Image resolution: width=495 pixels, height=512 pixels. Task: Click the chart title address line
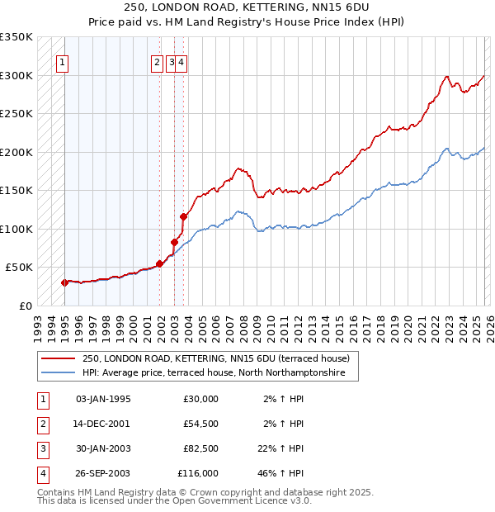pos(247,8)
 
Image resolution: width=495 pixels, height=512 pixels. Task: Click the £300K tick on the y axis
pos(16,75)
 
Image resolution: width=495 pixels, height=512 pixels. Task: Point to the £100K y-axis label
pos(16,229)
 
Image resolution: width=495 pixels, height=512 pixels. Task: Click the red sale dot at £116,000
pos(183,216)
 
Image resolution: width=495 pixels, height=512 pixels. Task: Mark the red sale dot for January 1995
pos(64,282)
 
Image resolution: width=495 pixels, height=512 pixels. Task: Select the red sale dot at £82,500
pos(174,242)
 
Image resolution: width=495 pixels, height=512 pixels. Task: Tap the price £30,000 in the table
pos(198,399)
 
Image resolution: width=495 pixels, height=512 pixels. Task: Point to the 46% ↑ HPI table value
pos(280,473)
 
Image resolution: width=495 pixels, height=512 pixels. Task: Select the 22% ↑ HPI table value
pos(280,448)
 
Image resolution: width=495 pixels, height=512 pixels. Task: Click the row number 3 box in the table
pos(43,448)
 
